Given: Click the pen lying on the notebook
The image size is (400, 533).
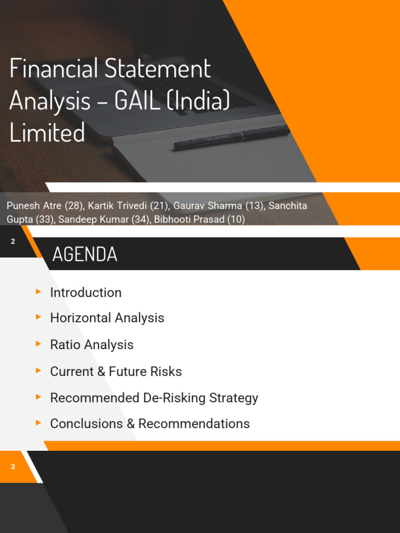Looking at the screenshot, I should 231,137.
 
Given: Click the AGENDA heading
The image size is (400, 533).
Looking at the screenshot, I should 85,254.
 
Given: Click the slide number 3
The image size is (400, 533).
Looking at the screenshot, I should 13,467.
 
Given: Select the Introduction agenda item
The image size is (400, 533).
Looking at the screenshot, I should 85,293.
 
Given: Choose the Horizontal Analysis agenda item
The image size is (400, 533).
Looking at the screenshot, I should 107,318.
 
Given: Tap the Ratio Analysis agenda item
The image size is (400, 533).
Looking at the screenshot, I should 92,345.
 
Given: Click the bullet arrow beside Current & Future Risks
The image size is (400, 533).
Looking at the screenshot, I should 39,371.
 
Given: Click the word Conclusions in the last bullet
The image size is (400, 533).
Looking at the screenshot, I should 86,424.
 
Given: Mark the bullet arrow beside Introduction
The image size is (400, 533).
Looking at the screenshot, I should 39,291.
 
